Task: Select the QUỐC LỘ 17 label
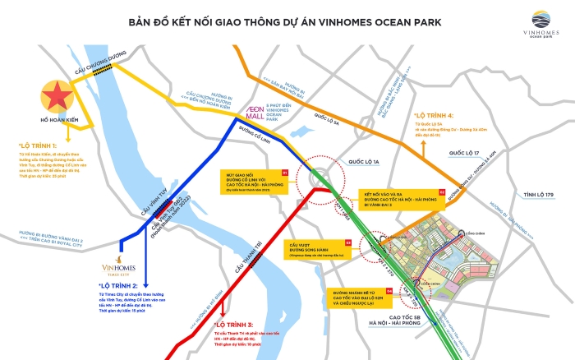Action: click(465, 153)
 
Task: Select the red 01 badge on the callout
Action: click(285, 173)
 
